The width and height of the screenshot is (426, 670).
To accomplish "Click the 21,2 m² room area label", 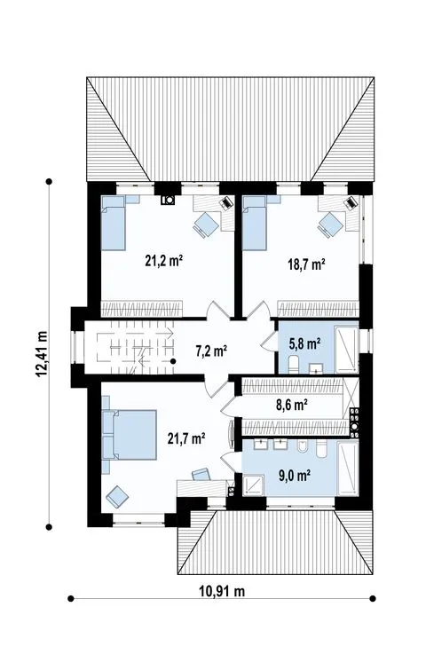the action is click(164, 260).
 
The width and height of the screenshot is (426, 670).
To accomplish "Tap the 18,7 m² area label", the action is click(306, 264).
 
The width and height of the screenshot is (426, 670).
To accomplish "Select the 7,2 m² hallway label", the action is click(211, 351).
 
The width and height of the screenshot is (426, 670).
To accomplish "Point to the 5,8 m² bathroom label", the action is click(305, 343).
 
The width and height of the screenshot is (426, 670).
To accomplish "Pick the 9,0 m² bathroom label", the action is click(295, 475).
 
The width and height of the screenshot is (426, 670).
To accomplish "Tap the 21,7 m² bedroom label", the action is click(186, 438).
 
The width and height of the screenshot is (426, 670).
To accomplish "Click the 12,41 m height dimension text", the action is click(42, 354).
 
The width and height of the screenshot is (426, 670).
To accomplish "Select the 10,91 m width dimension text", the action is click(222, 591).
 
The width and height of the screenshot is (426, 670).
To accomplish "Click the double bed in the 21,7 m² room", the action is click(129, 435).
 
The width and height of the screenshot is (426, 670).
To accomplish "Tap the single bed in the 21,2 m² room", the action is click(114, 223).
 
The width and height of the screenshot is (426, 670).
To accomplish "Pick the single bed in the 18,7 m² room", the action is click(255, 223).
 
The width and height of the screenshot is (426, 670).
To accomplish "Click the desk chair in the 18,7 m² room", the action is click(329, 223).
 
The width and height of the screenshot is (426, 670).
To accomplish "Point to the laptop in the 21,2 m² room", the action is click(226, 202).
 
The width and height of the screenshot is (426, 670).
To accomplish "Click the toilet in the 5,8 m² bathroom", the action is click(294, 364).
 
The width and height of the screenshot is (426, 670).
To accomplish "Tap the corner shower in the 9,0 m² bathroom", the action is click(254, 485).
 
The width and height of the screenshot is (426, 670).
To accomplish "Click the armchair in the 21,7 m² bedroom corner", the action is click(117, 497).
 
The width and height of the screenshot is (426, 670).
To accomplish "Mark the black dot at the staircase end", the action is click(173, 361).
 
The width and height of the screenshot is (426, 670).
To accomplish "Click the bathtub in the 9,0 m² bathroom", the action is click(347, 469).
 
